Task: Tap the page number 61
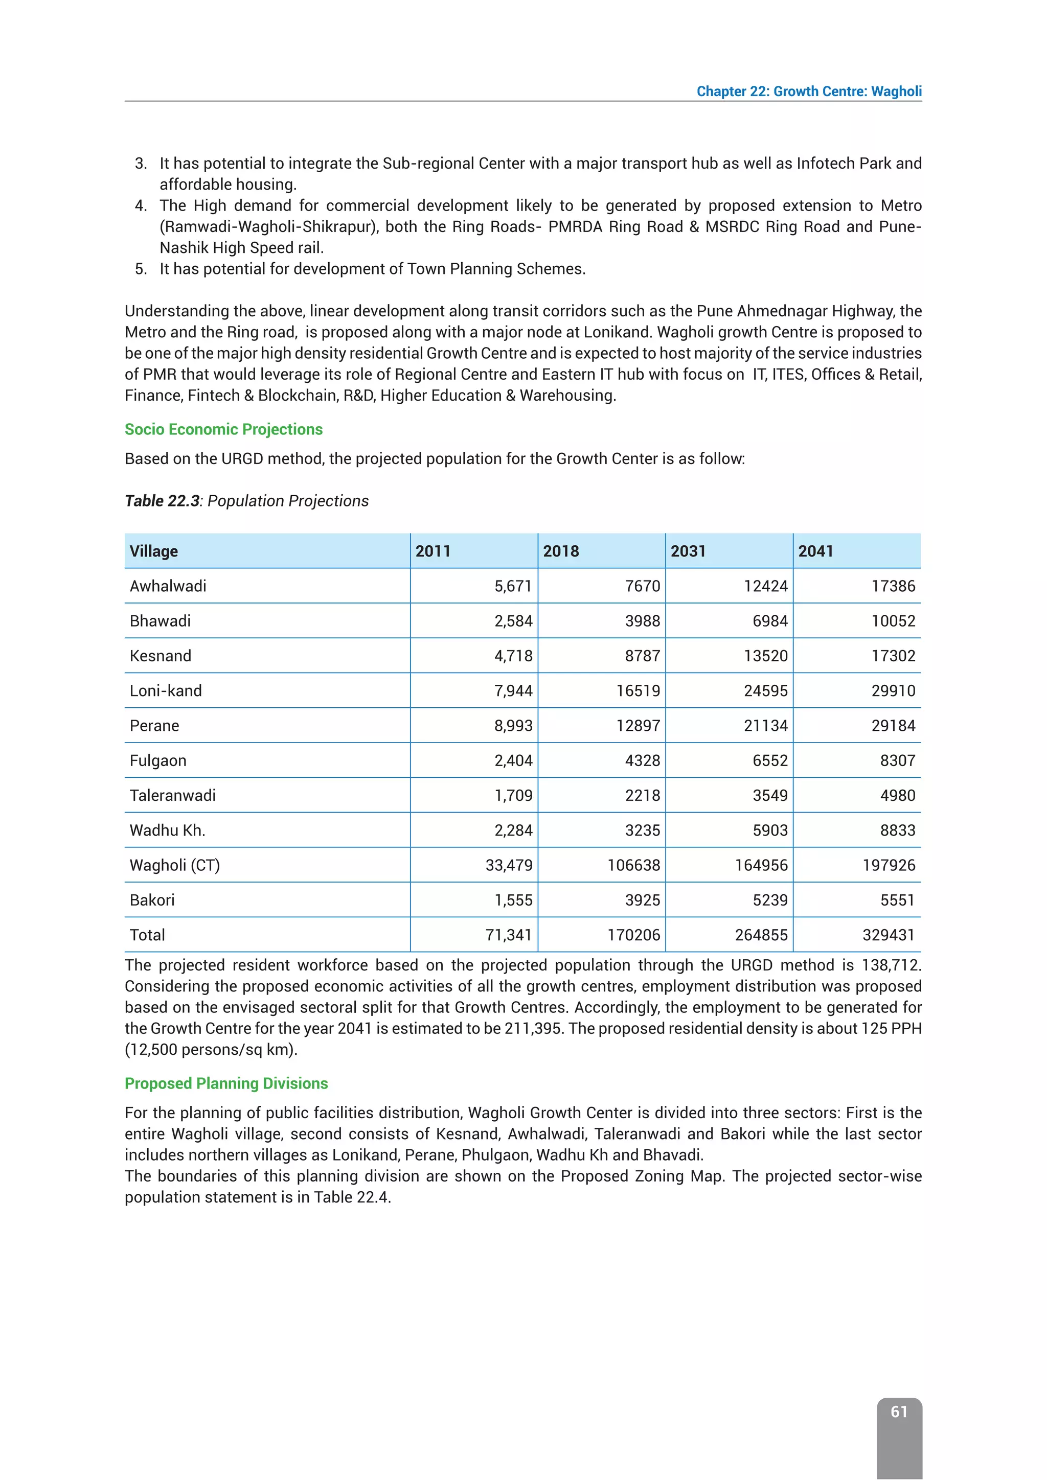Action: (899, 1411)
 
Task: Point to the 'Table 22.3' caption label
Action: (162, 501)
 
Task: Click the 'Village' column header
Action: (153, 551)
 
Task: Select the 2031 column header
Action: (688, 551)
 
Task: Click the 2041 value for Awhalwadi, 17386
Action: (893, 586)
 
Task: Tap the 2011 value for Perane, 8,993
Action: (513, 726)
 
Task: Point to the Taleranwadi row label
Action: (172, 795)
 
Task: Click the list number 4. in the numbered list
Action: (141, 205)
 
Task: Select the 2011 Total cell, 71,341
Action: (509, 935)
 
